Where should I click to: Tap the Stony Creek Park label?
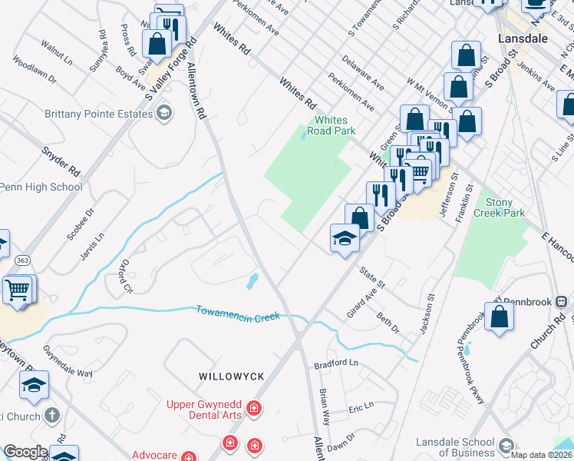coord(499,207)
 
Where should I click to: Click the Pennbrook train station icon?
coord(561,301)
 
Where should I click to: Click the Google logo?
coord(25,452)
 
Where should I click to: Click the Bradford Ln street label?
coord(337,363)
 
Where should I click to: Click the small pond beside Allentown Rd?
coord(251,281)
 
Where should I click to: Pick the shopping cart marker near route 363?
coord(18,290)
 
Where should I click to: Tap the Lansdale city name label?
coord(522,37)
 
